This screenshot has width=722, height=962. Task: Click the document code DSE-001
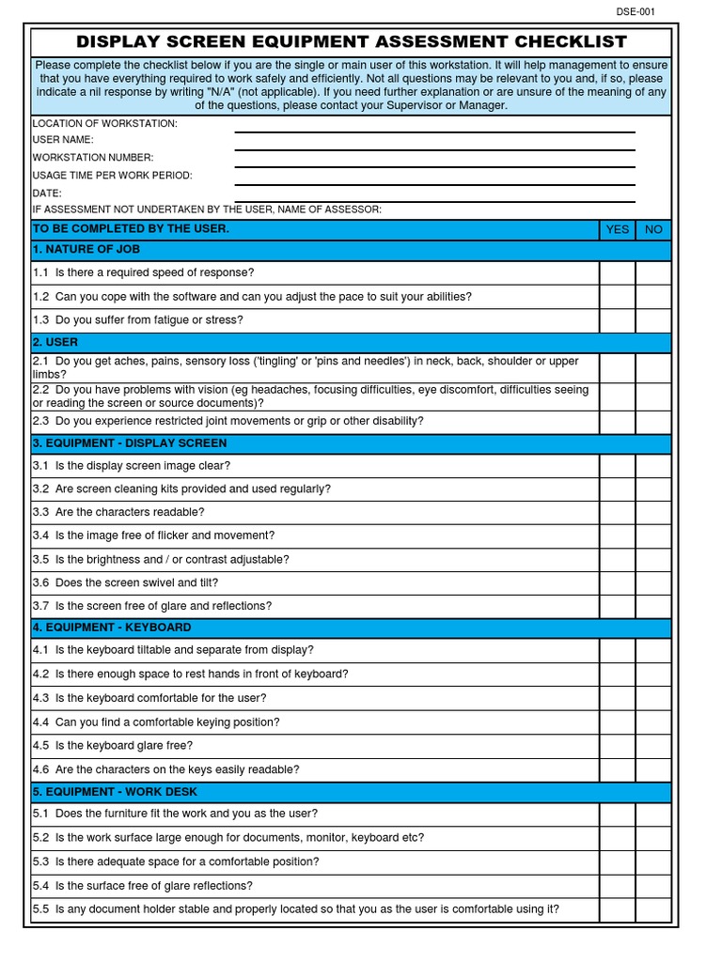tap(636, 11)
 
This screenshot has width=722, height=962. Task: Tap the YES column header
tap(618, 229)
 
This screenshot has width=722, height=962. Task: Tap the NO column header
tap(653, 229)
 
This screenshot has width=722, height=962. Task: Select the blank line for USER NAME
tap(434, 141)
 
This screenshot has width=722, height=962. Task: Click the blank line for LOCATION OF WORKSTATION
tap(434, 125)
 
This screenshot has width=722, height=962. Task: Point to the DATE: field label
tap(47, 193)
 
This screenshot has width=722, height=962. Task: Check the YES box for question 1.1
tap(618, 272)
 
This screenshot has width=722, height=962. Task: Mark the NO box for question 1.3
tap(653, 320)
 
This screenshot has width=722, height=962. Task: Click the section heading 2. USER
tap(55, 342)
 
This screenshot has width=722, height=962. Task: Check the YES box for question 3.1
tap(618, 466)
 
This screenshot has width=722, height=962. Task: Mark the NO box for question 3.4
tap(653, 535)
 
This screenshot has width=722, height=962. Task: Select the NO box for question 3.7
tap(653, 606)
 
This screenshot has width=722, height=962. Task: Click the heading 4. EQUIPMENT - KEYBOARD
tap(112, 627)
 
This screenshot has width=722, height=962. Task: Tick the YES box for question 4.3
tap(618, 698)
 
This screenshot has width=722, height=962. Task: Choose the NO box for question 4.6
tap(653, 769)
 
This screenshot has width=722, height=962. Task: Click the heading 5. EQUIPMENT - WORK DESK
tap(115, 792)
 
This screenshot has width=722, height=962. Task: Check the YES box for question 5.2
tap(618, 837)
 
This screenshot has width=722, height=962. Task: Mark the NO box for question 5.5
tap(653, 908)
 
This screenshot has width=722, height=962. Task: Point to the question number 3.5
tap(40, 559)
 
